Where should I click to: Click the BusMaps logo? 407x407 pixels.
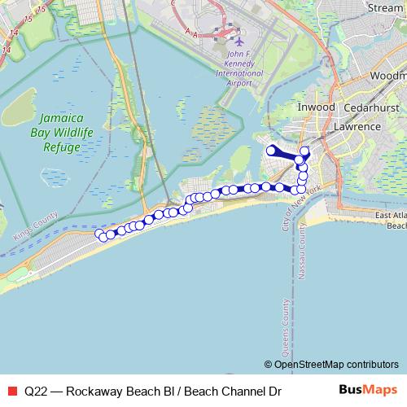point(368,390)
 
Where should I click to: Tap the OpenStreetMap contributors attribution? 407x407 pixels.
point(331,364)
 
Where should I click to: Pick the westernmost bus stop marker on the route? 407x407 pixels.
point(101,234)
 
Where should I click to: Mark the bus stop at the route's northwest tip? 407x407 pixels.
point(271,149)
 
